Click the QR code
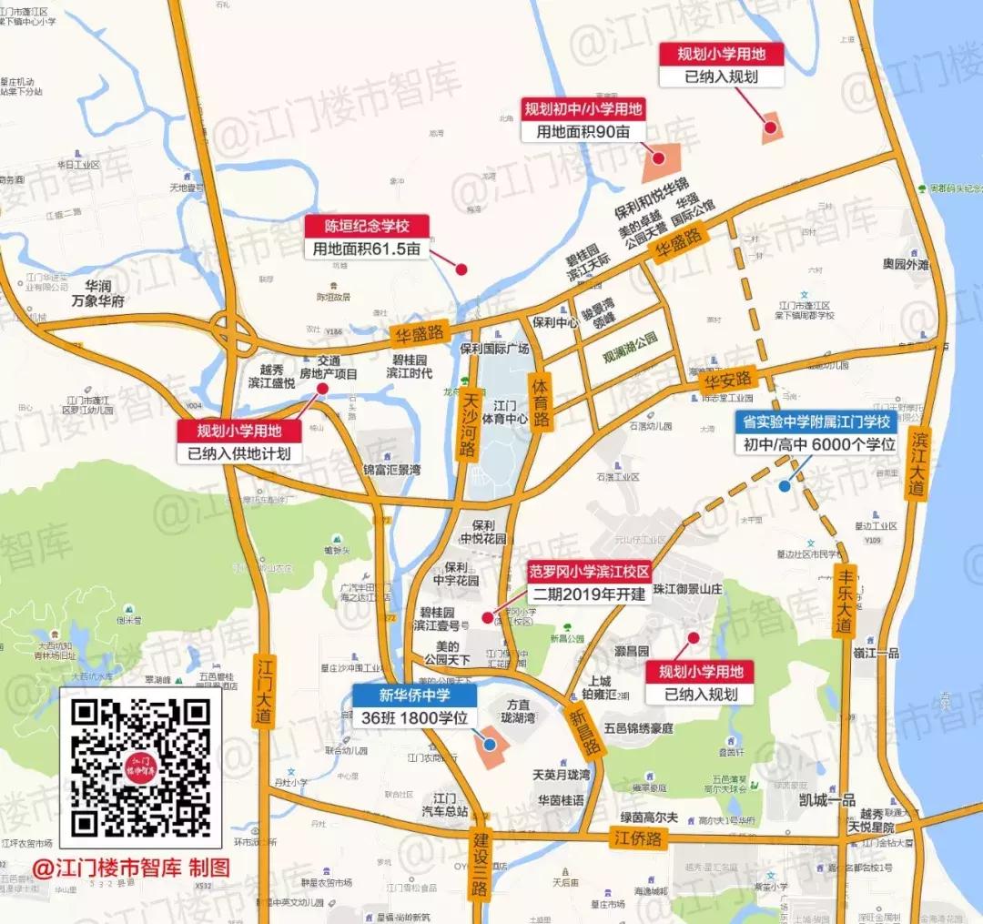point(141,767)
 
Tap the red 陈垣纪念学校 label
point(367,225)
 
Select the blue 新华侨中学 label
point(415,696)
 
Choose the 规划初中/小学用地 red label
point(583,109)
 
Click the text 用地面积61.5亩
point(367,248)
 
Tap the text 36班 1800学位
point(415,718)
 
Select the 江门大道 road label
point(264,689)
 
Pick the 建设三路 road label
point(481,873)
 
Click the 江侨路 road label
point(636,838)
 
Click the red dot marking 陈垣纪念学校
point(461,269)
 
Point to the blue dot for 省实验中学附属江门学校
point(785,486)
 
